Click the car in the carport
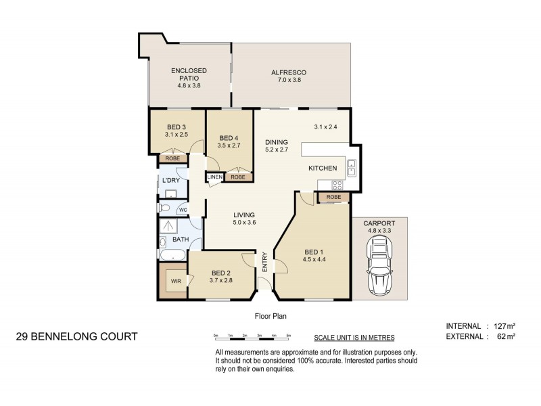point(379,267)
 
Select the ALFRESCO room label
point(289,72)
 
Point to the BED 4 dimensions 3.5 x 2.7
point(230,145)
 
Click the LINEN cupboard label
point(214,177)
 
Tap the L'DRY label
point(170,180)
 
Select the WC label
point(182,210)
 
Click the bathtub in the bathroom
point(172,255)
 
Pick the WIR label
point(175,281)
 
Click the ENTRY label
point(265,263)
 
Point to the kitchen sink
point(352,166)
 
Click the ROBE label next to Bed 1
point(333,197)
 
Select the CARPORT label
point(379,223)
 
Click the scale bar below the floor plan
point(252,336)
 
